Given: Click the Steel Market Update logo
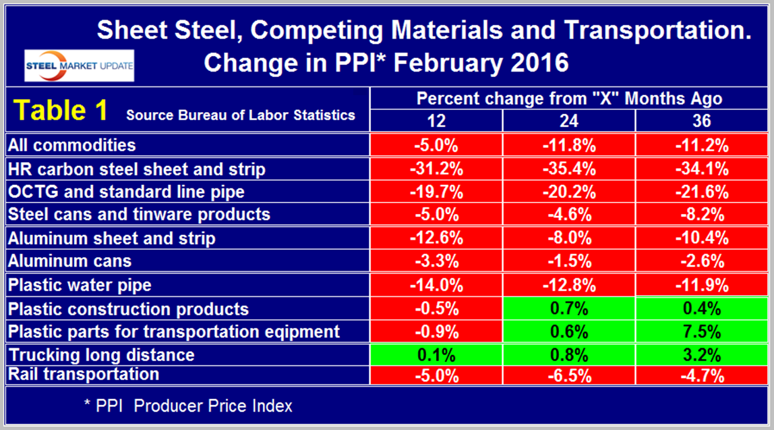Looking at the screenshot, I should [78, 65].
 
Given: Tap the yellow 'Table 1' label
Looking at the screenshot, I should [61, 111].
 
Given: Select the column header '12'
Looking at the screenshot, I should [436, 122].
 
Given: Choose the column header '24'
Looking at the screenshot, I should [569, 122].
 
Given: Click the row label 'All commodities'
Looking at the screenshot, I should [71, 145].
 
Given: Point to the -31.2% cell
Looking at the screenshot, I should [436, 169].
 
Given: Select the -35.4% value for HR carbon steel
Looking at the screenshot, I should [569, 169].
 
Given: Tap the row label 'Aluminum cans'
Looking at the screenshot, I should [68, 261].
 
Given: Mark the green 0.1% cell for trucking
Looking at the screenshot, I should [436, 354].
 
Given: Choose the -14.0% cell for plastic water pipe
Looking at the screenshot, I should [436, 285].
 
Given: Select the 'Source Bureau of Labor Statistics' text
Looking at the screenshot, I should [241, 115].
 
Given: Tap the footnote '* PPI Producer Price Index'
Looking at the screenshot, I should [187, 406].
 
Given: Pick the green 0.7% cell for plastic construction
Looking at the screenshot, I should [569, 309].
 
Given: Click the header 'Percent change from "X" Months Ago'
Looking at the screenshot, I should [569, 99].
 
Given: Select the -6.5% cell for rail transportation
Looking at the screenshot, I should [569, 375].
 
